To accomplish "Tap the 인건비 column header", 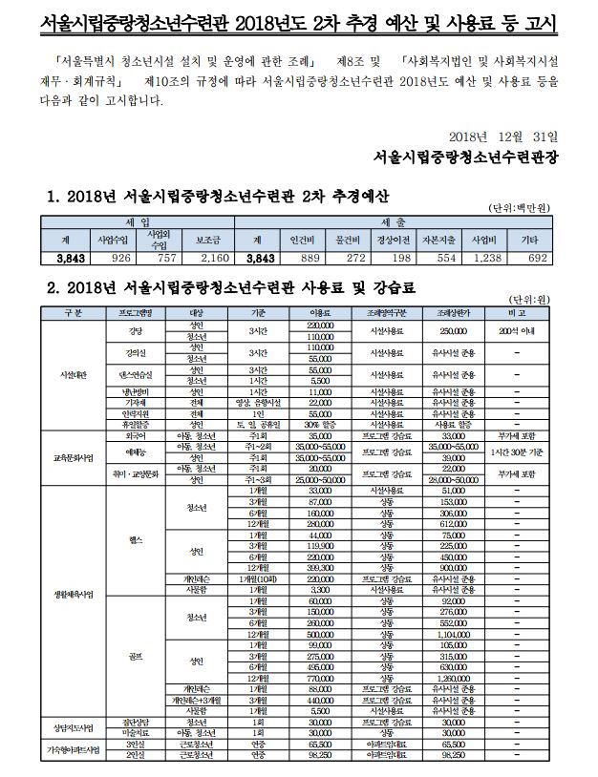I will click(295, 239).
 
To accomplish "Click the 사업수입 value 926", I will click(106, 257).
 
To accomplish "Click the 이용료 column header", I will click(321, 312).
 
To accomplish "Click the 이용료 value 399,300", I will click(321, 567).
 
